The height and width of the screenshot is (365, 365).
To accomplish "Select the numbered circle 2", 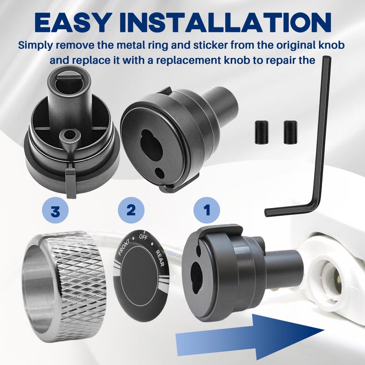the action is point(131,210).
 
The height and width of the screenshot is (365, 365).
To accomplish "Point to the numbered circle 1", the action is point(207,210).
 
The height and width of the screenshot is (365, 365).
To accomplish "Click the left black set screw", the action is point(261,132).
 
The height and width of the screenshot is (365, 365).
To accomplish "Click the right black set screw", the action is point(290,132).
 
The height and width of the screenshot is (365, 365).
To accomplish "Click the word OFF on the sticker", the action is point(143,237).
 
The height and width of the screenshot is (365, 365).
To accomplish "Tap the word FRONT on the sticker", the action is point(124,248).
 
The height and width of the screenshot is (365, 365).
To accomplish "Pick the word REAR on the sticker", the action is point(160,258).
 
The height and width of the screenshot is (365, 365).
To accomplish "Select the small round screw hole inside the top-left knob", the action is point(69,135).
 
